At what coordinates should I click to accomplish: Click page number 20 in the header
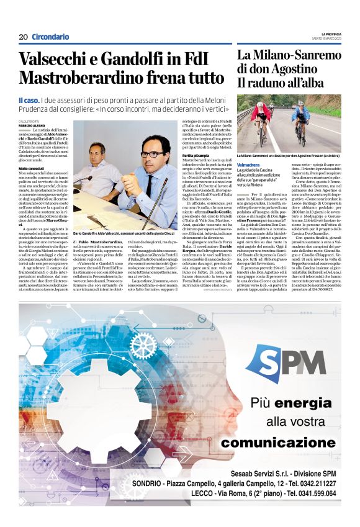23,37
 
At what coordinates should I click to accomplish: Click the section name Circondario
50,37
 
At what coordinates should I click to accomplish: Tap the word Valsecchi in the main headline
54,60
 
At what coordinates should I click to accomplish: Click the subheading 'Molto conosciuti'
31,169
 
